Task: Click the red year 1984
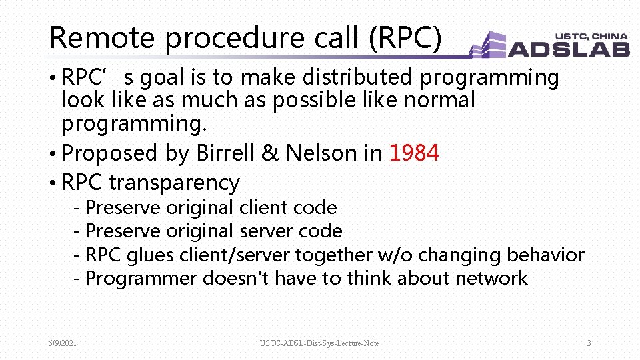(413, 153)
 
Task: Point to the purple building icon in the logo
(489, 45)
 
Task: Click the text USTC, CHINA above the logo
(591, 36)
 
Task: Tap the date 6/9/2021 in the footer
(62, 343)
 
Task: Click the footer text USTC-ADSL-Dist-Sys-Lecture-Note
(319, 343)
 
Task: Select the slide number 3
(589, 343)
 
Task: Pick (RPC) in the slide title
(405, 38)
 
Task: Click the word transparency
(174, 183)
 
